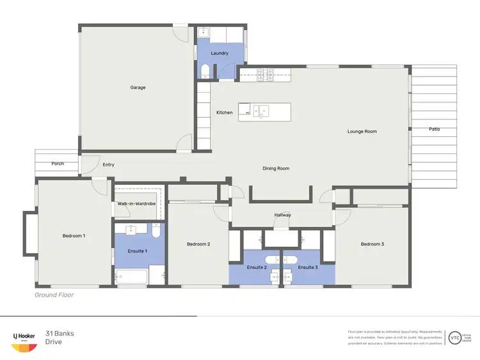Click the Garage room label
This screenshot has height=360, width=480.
pyautogui.click(x=138, y=88)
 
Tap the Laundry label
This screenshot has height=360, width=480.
pyautogui.click(x=220, y=53)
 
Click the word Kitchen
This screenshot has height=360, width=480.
pyautogui.click(x=225, y=113)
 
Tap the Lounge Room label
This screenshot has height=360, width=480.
pyautogui.click(x=362, y=132)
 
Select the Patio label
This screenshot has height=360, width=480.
pyautogui.click(x=434, y=130)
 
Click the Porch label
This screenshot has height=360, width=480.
pyautogui.click(x=58, y=164)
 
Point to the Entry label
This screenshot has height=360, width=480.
pyautogui.click(x=109, y=165)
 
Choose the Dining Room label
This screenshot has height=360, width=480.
pyautogui.click(x=276, y=169)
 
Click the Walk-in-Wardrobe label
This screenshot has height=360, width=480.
pyautogui.click(x=137, y=204)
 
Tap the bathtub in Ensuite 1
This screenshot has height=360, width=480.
pyautogui.click(x=132, y=277)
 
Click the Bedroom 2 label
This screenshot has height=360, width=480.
pyautogui.click(x=198, y=244)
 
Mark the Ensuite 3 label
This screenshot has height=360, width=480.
pyautogui.click(x=308, y=267)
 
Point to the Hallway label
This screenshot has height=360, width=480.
pyautogui.click(x=282, y=215)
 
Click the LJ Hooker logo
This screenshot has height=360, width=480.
pyautogui.click(x=24, y=341)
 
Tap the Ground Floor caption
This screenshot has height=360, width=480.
pyautogui.click(x=54, y=295)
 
